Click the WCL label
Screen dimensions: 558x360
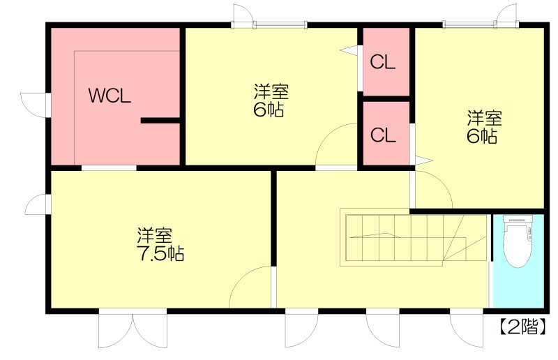coord(110,96)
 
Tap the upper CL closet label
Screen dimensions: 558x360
coord(382,62)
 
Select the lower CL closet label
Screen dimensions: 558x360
coord(383,135)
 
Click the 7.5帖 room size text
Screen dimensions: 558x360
coord(160,253)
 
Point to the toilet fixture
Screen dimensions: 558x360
coord(518,241)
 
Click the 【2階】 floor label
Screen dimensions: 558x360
coord(522,327)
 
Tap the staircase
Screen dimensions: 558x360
coord(414,237)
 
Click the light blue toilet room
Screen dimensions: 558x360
coord(518,261)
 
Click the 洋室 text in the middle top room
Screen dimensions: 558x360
coord(271,91)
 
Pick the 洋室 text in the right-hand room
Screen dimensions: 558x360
coord(484,118)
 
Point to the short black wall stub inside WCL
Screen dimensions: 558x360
coord(160,121)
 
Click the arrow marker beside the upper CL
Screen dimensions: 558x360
coord(349,50)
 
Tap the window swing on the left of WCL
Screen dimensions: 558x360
coord(33,105)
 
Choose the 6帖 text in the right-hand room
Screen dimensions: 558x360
coord(482,136)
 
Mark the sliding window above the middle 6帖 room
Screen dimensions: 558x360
coord(280,24)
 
